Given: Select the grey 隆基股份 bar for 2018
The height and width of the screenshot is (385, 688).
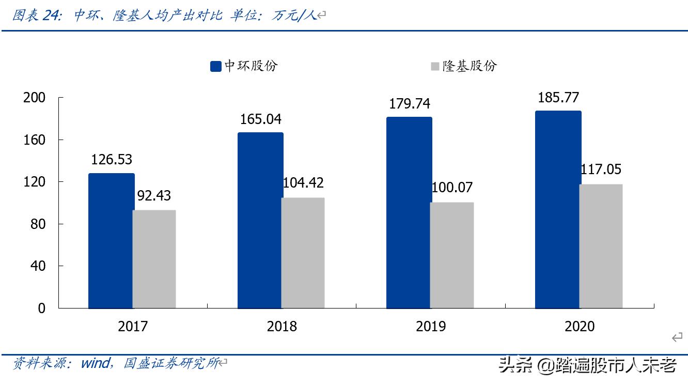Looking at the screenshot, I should (303, 253).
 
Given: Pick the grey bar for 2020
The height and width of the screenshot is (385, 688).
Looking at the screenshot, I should (601, 246).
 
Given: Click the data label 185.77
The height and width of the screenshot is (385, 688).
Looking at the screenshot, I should (558, 98).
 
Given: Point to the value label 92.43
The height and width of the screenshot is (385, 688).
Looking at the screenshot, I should (153, 196).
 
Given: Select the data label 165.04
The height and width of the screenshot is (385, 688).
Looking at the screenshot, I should (260, 119).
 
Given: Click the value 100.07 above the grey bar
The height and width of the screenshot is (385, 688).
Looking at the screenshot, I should (451, 188).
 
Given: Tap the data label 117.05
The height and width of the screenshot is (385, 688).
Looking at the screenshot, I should (601, 170).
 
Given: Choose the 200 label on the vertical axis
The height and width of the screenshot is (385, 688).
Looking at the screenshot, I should (35, 98).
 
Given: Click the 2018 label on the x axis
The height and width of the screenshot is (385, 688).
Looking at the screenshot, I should (282, 327).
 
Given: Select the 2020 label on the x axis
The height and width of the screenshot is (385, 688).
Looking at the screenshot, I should (580, 327).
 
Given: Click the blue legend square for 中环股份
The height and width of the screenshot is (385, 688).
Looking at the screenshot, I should (216, 66).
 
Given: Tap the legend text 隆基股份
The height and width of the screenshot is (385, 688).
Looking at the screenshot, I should (469, 66).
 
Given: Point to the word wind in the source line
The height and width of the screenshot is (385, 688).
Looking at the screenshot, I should (94, 363).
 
